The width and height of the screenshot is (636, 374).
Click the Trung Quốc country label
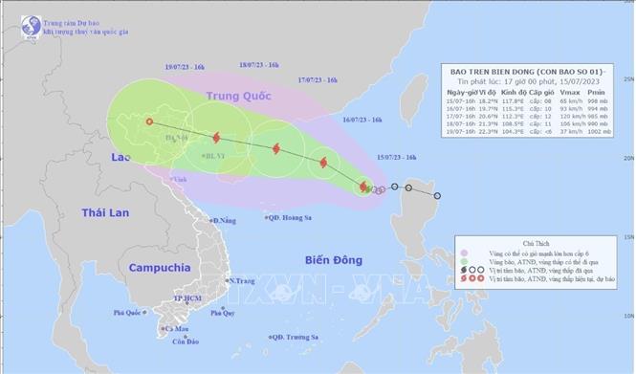coord(235,97)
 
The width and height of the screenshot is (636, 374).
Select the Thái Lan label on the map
coord(105,211)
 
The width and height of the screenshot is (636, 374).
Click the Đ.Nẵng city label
coord(226,221)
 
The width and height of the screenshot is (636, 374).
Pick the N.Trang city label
coord(243,280)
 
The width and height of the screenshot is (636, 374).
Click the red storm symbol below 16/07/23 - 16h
coord(321,164)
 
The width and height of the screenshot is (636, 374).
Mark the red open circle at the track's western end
coord(148,121)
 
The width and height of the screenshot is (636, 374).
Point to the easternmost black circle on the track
coord(438,196)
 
